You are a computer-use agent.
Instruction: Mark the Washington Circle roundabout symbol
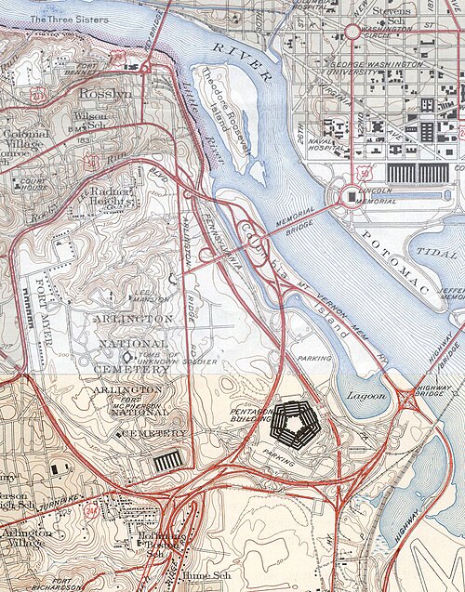tap(353, 32)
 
